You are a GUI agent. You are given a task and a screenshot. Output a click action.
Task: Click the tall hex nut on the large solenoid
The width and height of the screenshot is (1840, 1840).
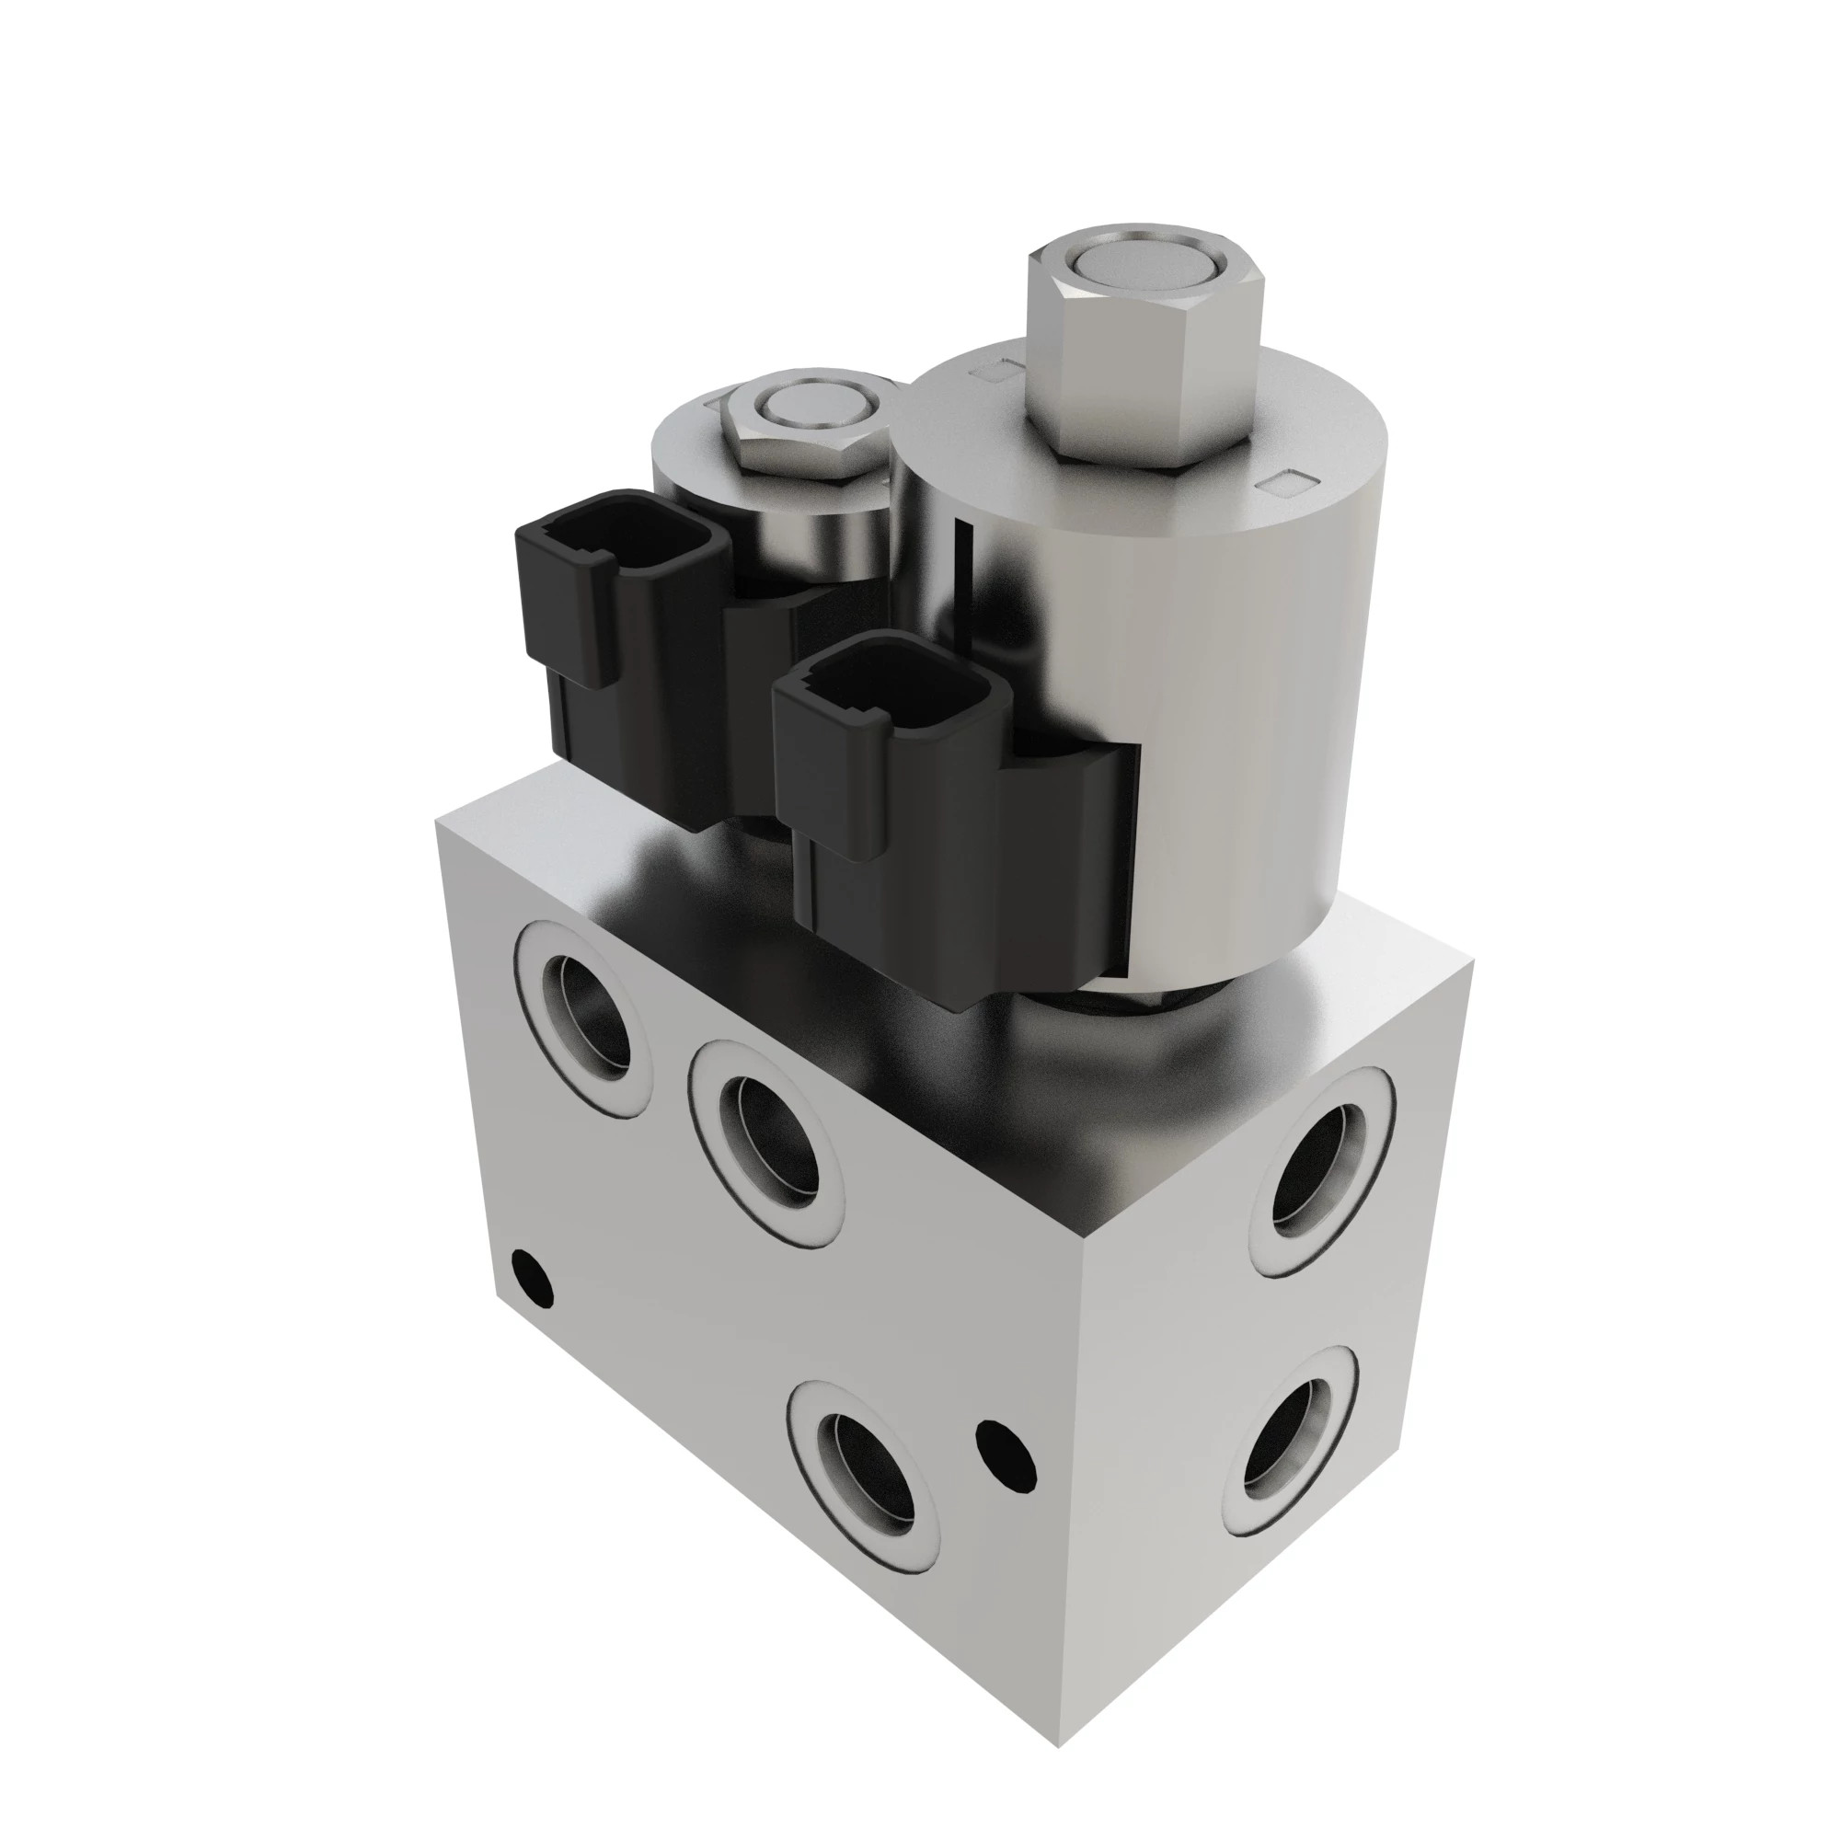coord(1143,381)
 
